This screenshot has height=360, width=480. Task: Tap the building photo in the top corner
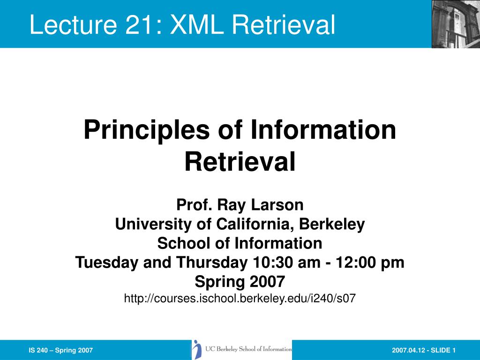456,24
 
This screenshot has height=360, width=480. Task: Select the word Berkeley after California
332,225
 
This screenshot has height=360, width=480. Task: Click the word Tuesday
107,263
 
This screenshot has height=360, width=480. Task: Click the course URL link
240,298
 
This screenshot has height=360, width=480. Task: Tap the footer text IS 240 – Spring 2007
60,350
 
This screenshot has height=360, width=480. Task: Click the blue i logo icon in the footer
197,349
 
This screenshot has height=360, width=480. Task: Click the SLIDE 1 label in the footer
443,350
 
